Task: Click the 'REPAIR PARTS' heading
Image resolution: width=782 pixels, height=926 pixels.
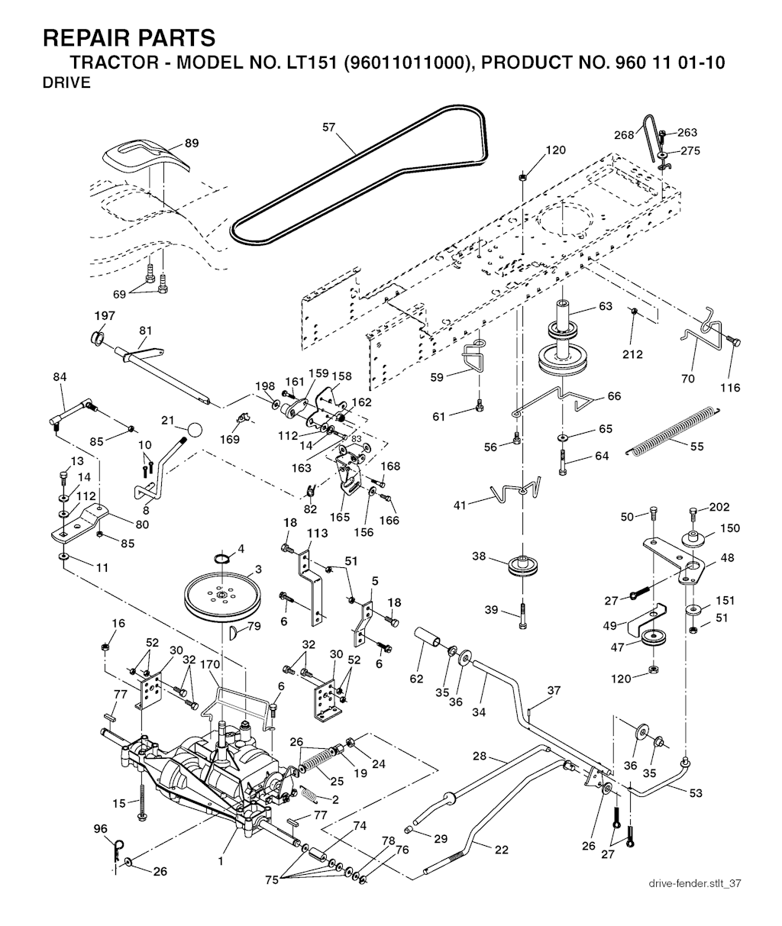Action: [129, 37]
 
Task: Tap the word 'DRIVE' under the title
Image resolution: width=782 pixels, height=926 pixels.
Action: [67, 83]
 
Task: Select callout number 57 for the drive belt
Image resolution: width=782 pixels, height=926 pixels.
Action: [329, 128]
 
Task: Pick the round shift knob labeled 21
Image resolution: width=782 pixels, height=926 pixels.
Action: [196, 429]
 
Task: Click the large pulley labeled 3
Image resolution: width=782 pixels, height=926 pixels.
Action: [223, 594]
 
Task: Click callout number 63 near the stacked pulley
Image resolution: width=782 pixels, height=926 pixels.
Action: [606, 307]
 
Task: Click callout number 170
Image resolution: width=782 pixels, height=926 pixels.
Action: [211, 664]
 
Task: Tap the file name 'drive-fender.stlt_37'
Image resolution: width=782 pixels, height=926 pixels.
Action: [694, 883]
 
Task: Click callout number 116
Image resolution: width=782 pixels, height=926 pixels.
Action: [730, 388]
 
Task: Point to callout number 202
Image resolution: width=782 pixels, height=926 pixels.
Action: [719, 507]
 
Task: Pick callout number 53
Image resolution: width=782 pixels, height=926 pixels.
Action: [695, 793]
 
